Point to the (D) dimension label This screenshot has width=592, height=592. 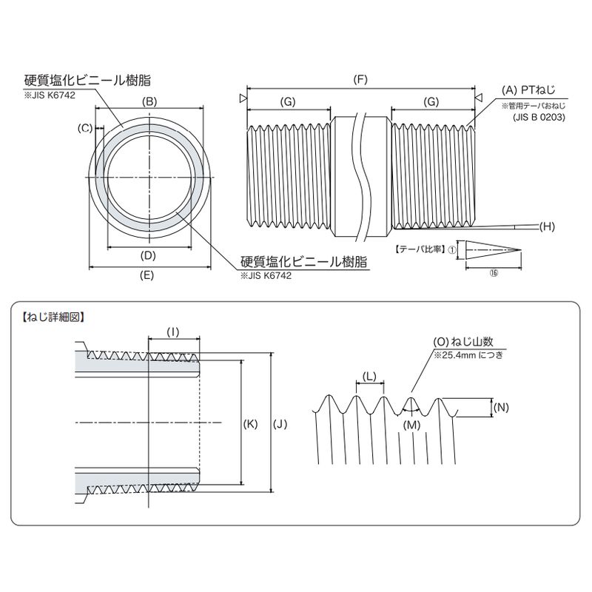coord(148,256)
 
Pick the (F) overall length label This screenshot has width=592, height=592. coord(360,78)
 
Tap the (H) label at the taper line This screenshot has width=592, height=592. coord(548,225)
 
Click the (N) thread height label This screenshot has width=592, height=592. coord(501,407)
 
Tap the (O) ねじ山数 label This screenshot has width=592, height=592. coord(463,343)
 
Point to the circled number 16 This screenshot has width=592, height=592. coord(494,273)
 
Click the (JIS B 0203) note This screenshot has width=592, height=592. coord(538,117)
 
